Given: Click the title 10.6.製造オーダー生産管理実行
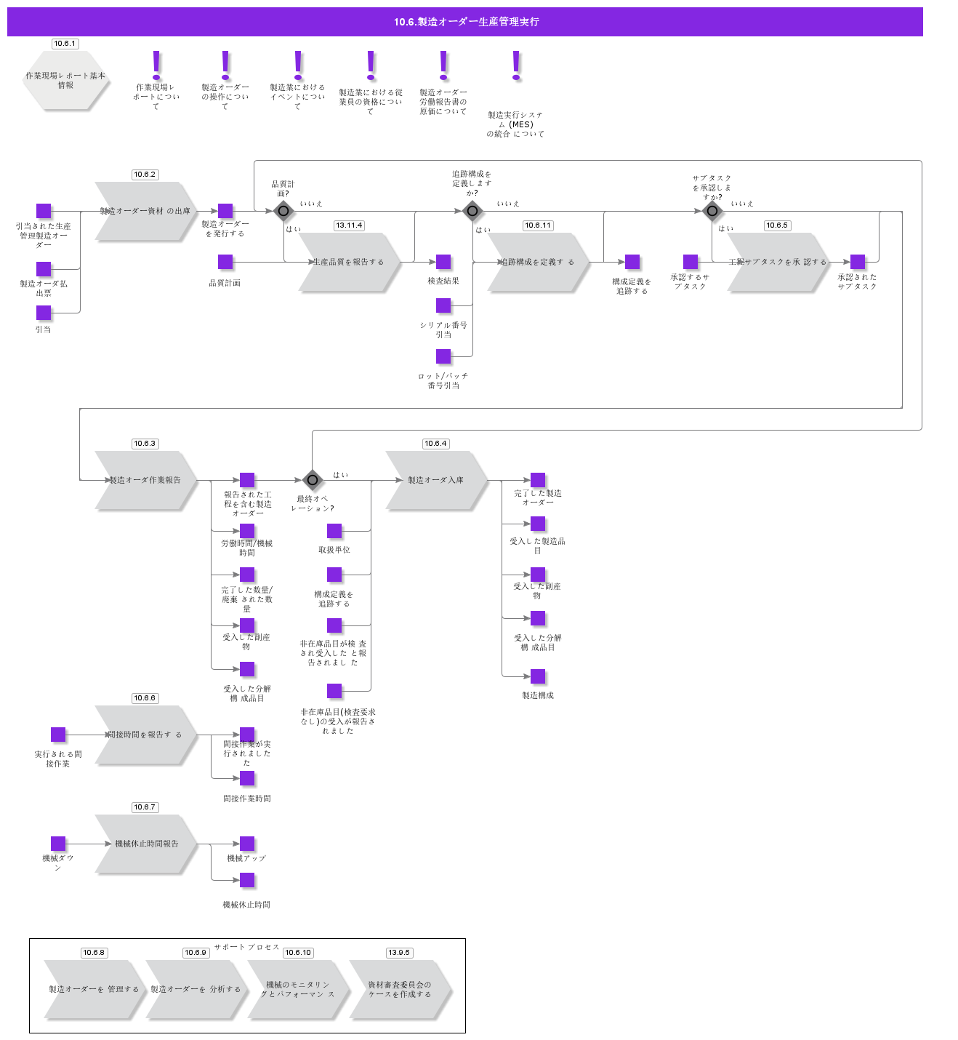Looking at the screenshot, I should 465,22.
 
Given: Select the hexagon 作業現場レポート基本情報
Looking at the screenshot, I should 65,80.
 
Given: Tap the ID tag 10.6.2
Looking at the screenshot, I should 145,175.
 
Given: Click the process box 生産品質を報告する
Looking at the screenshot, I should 349,262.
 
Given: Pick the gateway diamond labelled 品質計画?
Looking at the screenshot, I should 283,212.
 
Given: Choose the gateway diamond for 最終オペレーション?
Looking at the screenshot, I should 313,480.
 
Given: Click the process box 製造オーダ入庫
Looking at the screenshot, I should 436,480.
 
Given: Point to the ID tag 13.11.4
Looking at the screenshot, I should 349,225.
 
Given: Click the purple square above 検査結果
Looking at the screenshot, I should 443,262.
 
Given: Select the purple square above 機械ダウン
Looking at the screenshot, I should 58,844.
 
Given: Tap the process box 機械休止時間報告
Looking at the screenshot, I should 145,844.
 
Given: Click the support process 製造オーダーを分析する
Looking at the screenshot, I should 196,989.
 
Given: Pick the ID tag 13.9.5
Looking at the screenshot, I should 399,953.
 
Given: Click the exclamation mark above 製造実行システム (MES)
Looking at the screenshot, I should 516,65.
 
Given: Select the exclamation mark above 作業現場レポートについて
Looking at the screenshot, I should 156,65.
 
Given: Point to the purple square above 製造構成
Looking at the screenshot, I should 538,676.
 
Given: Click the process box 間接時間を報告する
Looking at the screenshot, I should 145,735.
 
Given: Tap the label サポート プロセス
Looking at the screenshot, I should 247,947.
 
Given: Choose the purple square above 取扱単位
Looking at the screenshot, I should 334,531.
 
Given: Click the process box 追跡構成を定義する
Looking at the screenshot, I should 538,262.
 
